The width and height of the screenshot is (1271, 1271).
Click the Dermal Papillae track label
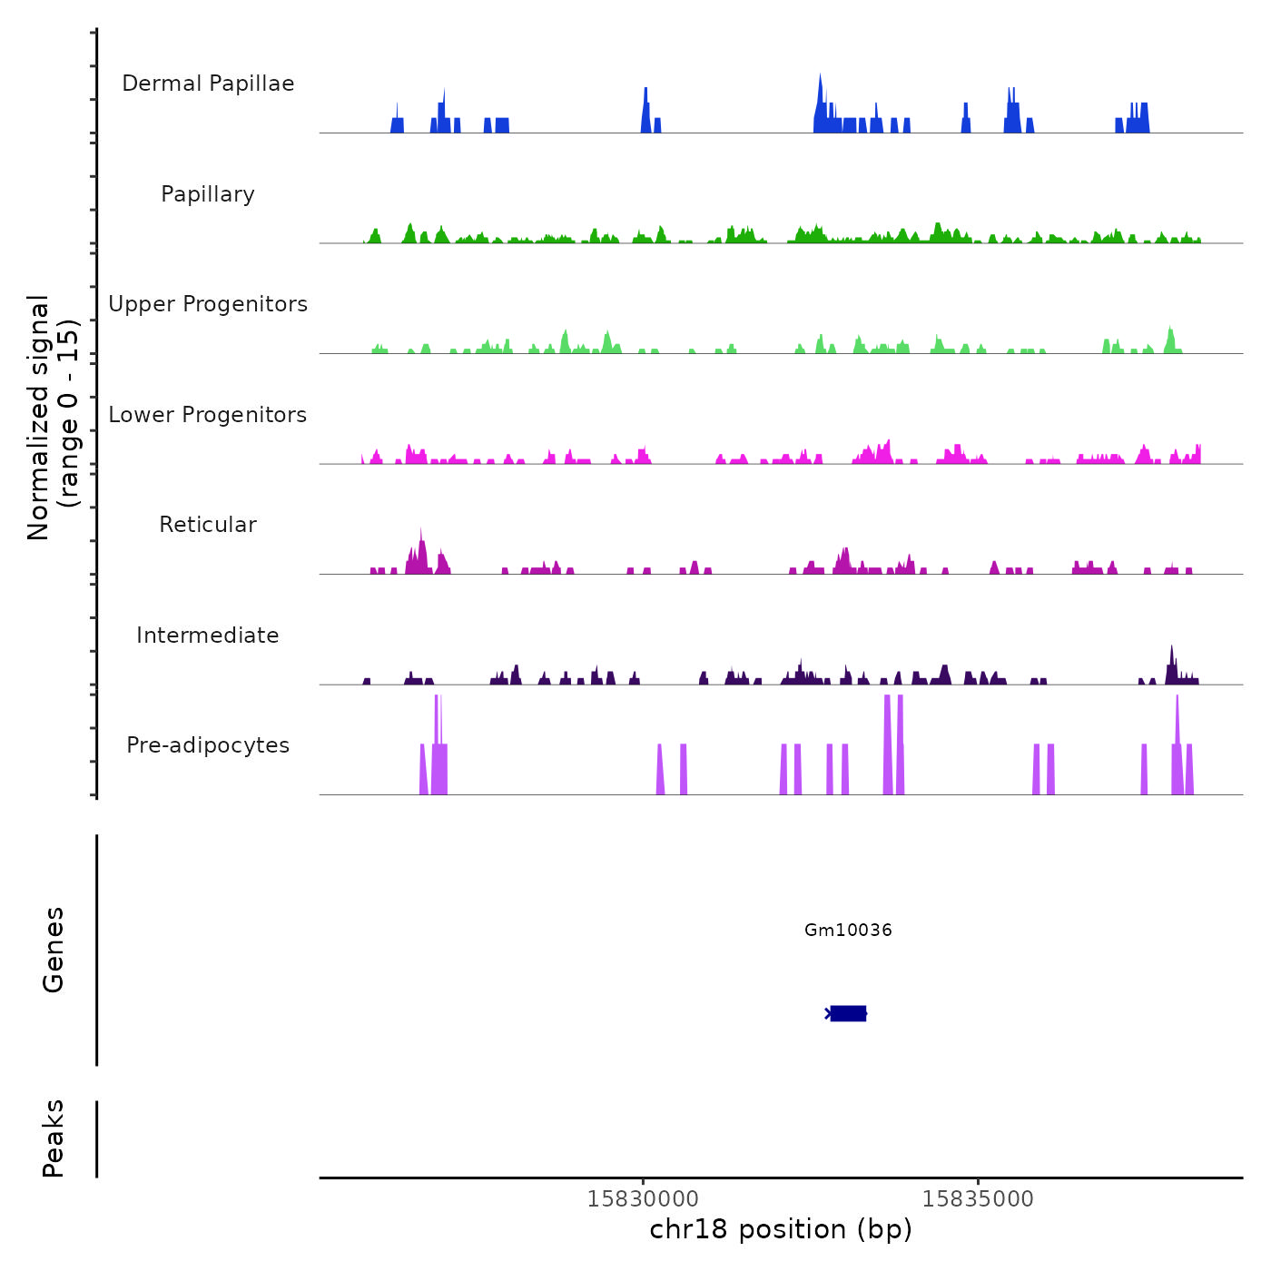[208, 84]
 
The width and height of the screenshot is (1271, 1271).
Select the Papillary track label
[208, 194]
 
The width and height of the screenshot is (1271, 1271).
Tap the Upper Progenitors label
[208, 304]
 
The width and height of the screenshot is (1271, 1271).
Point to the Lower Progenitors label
[208, 415]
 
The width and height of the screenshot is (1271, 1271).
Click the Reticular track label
[208, 525]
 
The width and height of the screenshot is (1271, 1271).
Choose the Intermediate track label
[208, 635]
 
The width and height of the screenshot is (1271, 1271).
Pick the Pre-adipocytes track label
[208, 745]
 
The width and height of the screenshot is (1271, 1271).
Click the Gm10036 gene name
[848, 930]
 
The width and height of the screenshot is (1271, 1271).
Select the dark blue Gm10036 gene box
[848, 1013]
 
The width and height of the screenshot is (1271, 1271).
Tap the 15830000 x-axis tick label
[643, 1198]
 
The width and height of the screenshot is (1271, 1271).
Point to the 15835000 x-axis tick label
[978, 1198]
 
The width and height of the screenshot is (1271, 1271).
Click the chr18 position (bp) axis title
[781, 1229]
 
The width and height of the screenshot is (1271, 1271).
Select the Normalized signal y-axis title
[53, 418]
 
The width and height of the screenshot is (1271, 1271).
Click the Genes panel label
[54, 950]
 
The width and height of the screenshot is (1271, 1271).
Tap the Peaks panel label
[54, 1138]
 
